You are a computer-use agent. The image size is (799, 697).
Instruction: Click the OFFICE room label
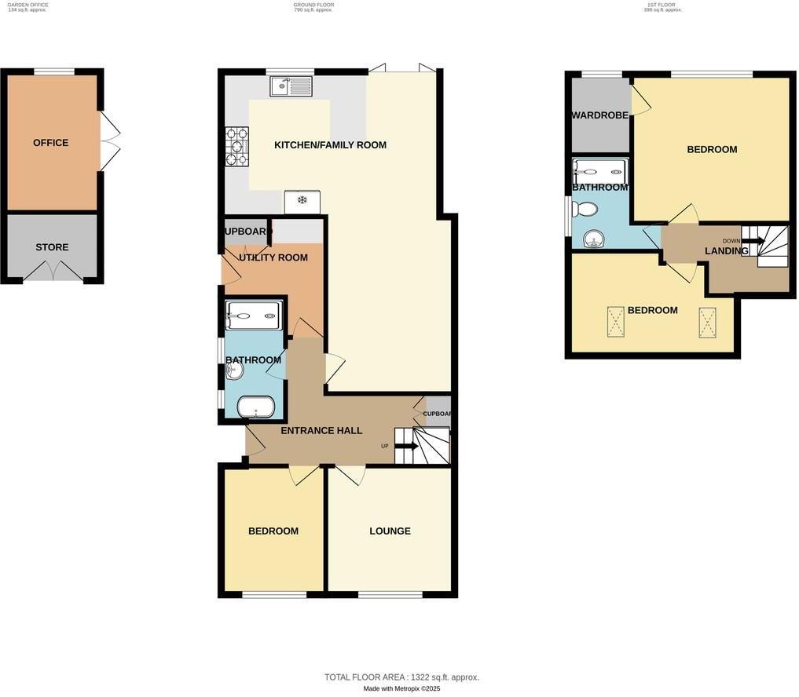50,143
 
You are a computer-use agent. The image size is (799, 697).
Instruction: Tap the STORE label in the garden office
52,247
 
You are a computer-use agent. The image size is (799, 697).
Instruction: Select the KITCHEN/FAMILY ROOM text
330,145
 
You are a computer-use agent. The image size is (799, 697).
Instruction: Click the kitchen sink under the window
291,86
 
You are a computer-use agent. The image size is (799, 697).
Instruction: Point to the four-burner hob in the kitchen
236,147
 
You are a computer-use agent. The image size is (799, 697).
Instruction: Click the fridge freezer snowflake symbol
302,201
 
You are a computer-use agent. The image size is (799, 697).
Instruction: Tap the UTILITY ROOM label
273,257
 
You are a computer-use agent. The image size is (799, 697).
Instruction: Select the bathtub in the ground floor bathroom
255,407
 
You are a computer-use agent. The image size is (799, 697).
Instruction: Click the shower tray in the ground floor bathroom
253,316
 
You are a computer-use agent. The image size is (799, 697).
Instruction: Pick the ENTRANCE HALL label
321,431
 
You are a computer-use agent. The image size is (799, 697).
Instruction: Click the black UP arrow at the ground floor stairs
407,446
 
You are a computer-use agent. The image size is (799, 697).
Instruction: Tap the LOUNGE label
390,531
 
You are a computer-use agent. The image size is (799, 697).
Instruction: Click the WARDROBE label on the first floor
599,115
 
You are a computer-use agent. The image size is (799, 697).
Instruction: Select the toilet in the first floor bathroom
585,210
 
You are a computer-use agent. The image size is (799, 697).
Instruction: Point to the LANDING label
726,251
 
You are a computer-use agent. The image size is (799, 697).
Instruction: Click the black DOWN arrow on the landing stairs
752,240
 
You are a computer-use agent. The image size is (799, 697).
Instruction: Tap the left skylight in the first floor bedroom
615,322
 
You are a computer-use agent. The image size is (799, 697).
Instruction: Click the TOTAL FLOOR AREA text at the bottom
401,677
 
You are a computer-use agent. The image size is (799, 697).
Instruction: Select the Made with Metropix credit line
401,689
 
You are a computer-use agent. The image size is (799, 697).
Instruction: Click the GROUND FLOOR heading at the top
313,5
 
